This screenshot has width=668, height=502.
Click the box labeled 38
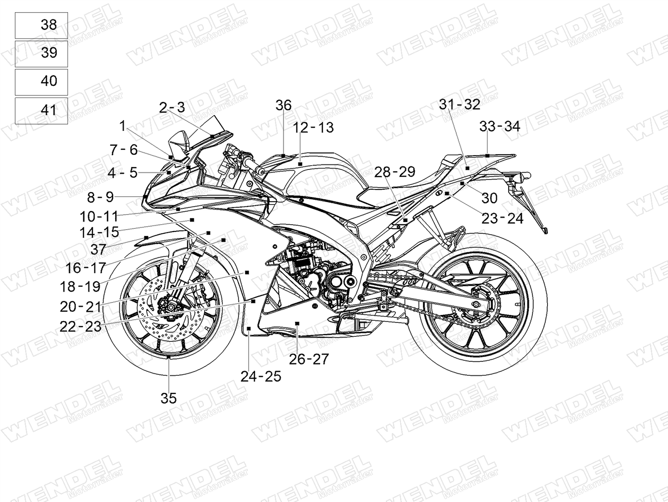[x=41, y=26]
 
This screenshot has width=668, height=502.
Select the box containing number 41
[x=41, y=111]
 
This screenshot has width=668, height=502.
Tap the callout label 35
[x=169, y=398]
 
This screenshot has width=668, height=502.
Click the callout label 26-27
[x=309, y=359]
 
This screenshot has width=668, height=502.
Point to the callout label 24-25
[x=261, y=376]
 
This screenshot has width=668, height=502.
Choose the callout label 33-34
[x=500, y=126]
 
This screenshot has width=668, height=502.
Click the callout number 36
[x=284, y=105]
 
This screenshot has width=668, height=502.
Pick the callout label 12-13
[x=313, y=128]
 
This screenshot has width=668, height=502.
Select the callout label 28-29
[x=394, y=172]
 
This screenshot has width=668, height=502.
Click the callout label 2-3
[x=172, y=108]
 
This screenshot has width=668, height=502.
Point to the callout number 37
[x=98, y=249]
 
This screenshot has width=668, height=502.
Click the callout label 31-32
[x=460, y=104]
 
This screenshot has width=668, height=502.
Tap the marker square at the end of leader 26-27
[x=297, y=323]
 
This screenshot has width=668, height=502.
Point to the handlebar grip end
[x=260, y=171]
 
